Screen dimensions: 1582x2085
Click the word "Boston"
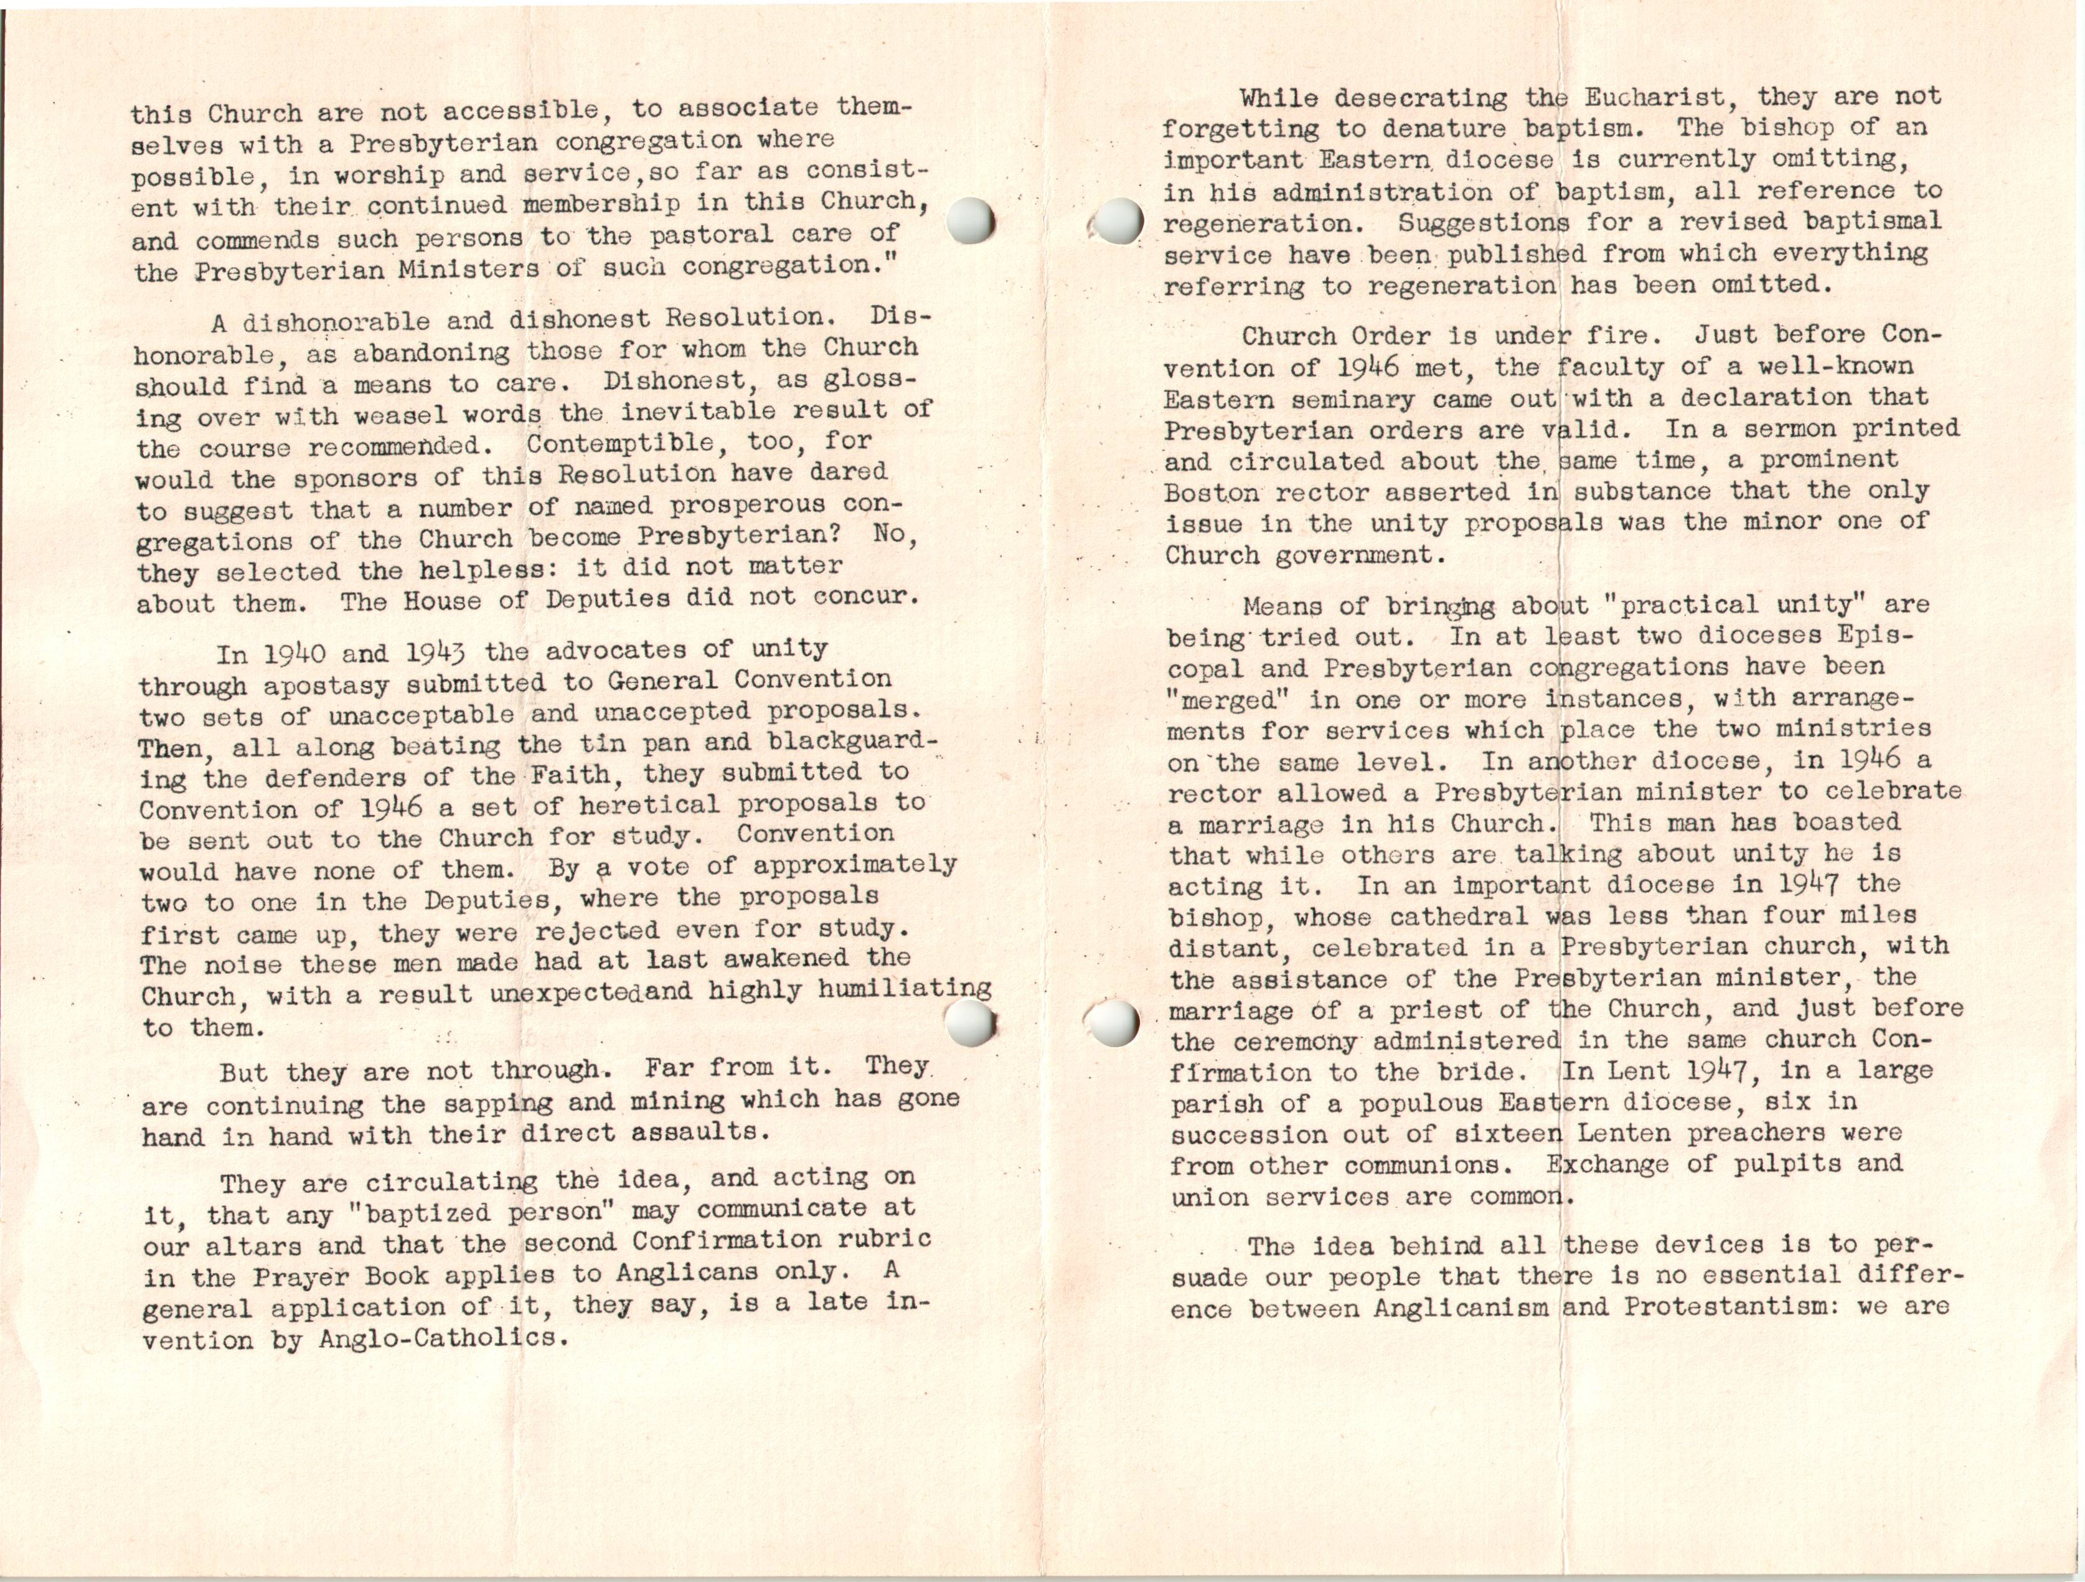click(x=1212, y=493)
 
